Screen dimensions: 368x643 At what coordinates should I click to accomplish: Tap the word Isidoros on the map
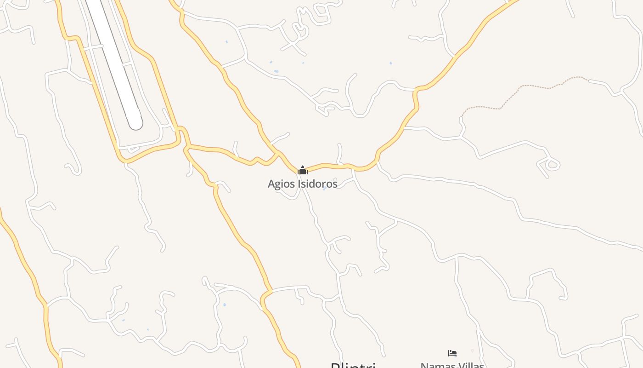(x=317, y=184)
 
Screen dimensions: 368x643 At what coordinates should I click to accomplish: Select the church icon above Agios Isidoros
(x=302, y=171)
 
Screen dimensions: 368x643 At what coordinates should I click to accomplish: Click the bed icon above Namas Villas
(x=452, y=353)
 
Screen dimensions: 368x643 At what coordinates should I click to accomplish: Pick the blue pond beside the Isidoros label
(x=325, y=188)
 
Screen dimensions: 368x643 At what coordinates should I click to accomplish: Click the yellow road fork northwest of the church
(x=277, y=152)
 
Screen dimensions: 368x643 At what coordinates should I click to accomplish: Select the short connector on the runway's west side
(x=96, y=47)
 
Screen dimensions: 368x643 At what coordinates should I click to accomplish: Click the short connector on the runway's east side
(x=128, y=65)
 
